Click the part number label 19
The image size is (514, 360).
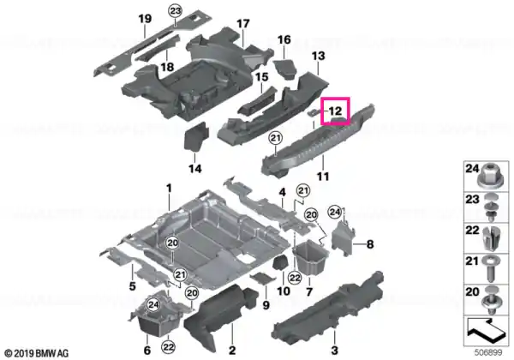tap(145, 19)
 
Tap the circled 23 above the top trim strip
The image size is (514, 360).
tap(176, 11)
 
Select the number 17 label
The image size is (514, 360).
tap(243, 24)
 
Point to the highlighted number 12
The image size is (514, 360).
tap(335, 111)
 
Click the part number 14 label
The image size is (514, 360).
tap(194, 169)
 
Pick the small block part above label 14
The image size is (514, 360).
tap(196, 137)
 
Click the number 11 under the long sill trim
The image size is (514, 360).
tap(323, 177)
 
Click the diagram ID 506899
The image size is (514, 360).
tap(488, 352)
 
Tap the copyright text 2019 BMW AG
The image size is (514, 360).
tap(37, 353)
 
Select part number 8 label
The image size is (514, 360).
tap(370, 244)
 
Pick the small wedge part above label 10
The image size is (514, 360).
tap(281, 263)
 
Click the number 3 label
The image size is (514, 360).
tap(334, 351)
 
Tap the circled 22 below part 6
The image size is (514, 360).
tap(169, 346)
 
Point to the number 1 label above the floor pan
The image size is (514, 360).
tap(169, 189)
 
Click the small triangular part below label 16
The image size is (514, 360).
tap(284, 69)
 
